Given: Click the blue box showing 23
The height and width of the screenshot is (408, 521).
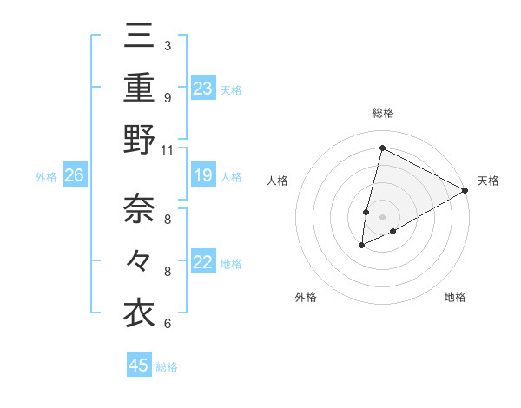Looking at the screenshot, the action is (203, 88).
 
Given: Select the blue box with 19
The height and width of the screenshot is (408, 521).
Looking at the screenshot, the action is (203, 176).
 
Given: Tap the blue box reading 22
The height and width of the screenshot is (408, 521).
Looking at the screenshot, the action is (203, 262).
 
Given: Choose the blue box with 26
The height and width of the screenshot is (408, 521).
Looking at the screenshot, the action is (75, 176).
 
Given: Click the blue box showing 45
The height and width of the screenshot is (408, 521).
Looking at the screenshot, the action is (139, 365).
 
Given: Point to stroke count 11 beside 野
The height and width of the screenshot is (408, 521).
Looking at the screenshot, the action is (167, 149).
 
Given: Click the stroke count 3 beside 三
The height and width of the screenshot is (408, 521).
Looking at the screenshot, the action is (167, 46).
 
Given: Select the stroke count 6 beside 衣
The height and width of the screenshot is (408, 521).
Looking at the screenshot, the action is (167, 324).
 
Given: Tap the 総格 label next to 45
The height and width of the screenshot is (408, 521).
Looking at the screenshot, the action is (167, 367).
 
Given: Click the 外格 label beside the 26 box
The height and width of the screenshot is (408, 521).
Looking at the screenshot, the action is (46, 177).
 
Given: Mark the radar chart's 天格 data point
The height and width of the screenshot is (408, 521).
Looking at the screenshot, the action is (465, 191).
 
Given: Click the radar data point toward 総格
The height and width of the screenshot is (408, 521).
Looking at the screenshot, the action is (382, 148).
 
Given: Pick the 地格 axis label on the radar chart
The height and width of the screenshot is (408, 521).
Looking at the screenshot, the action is (455, 297).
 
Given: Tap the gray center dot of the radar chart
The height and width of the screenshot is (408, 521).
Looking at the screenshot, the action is (382, 217).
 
